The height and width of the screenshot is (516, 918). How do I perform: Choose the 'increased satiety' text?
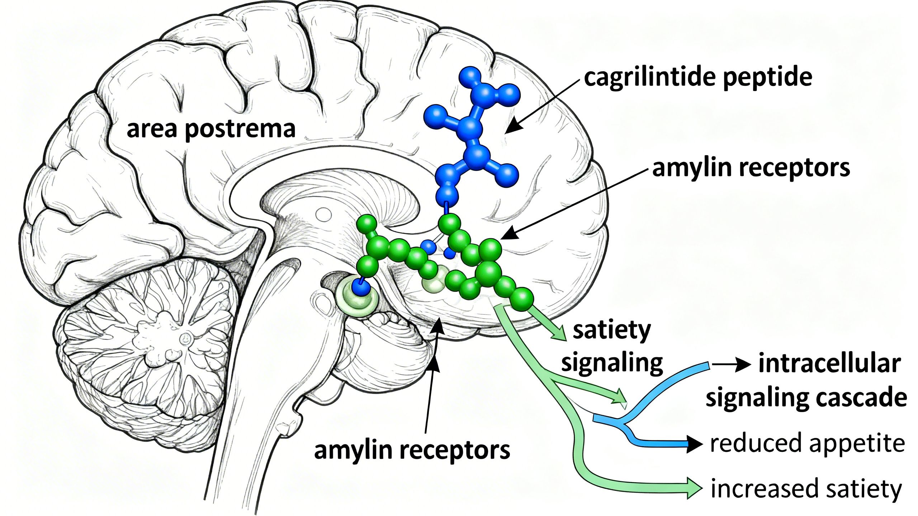(x=806, y=489)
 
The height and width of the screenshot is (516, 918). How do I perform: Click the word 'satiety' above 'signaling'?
(x=612, y=330)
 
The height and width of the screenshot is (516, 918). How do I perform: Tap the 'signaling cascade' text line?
(x=806, y=398)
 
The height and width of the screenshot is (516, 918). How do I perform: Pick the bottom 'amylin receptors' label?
(x=412, y=450)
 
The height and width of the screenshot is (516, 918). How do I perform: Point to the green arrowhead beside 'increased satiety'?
(x=694, y=488)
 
